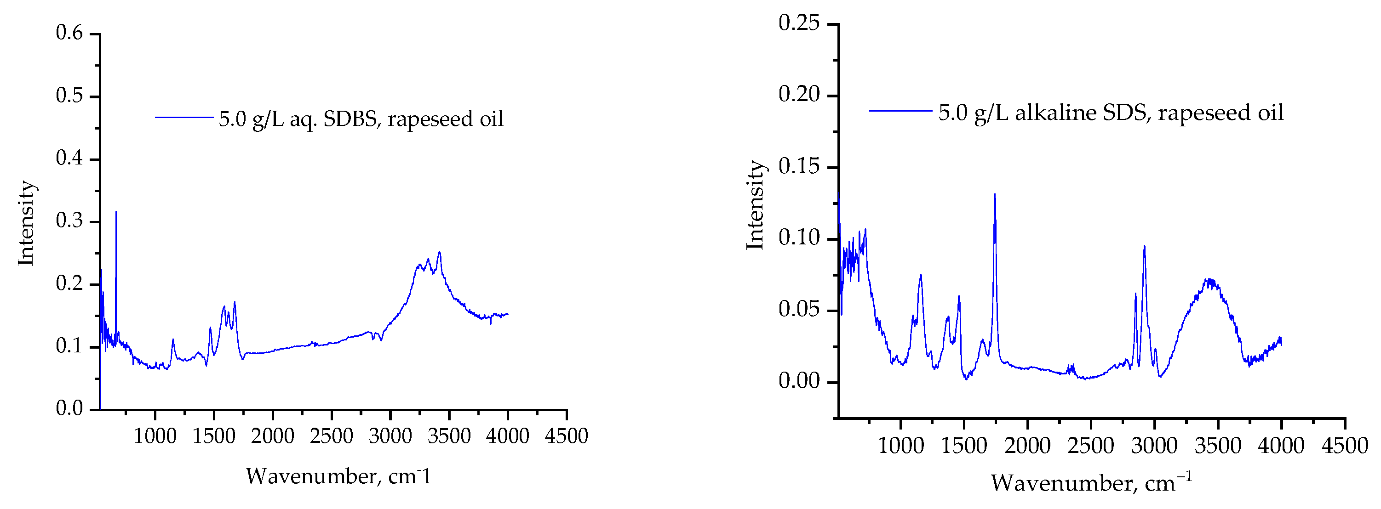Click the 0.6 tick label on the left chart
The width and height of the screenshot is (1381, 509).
coord(70,33)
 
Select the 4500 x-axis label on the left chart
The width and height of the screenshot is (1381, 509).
coord(566,436)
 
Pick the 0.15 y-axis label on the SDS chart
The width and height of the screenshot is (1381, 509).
coord(799,167)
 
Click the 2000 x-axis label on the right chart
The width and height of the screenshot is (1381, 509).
coord(1027,446)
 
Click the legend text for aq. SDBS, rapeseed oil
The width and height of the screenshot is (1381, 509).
coord(361,119)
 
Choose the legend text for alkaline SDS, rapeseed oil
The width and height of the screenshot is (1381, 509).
coord(1111,113)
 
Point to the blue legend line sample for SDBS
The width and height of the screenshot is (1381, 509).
coord(184,117)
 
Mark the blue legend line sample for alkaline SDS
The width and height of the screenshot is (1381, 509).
coord(900,111)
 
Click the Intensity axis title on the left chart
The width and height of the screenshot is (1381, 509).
coord(26,223)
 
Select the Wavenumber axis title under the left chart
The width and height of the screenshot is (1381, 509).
coord(339,476)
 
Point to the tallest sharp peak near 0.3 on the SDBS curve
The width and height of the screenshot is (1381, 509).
coord(116,212)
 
